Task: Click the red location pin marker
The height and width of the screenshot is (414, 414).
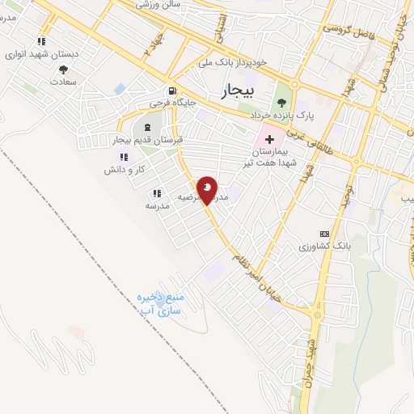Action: pos(207,190)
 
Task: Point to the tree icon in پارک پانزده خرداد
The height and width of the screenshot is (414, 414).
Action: pos(281,102)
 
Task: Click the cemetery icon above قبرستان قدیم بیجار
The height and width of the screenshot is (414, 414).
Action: pos(147,127)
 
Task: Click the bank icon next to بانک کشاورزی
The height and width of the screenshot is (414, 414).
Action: pos(325,233)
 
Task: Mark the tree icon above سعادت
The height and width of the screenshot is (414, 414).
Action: pos(42,68)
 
